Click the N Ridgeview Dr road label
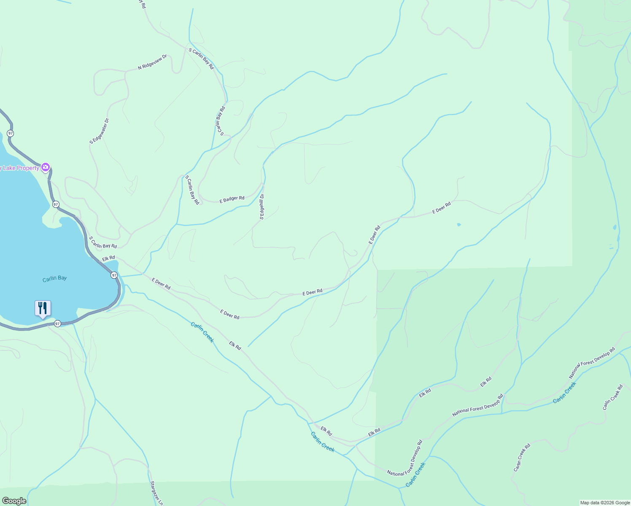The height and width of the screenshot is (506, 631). tap(152, 62)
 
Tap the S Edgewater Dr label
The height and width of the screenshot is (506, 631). tap(99, 131)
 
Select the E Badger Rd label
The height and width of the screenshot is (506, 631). tap(232, 199)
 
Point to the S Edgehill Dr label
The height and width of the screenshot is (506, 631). tap(262, 207)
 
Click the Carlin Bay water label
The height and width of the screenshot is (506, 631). tap(54, 279)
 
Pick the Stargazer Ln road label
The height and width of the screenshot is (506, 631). tap(156, 493)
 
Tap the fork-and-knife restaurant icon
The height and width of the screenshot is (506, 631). tap(43, 308)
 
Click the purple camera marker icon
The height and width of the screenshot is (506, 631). tap(46, 167)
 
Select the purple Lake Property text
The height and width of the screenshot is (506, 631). tap(19, 168)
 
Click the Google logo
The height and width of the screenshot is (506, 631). tap(14, 501)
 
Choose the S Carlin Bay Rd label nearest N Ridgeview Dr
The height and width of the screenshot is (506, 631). tap(202, 59)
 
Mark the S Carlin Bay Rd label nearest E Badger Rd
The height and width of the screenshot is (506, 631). tap(192, 190)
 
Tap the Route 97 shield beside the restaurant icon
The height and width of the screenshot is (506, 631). tap(57, 323)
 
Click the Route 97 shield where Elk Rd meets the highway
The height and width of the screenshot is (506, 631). tap(114, 275)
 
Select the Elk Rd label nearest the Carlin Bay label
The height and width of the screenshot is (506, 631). tap(108, 258)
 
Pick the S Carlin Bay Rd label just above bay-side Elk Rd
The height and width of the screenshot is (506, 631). tap(103, 242)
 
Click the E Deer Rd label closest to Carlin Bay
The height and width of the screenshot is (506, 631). tap(161, 284)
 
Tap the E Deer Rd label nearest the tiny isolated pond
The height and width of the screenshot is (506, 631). tap(442, 207)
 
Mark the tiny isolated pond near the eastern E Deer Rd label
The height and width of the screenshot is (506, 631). tap(458, 224)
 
